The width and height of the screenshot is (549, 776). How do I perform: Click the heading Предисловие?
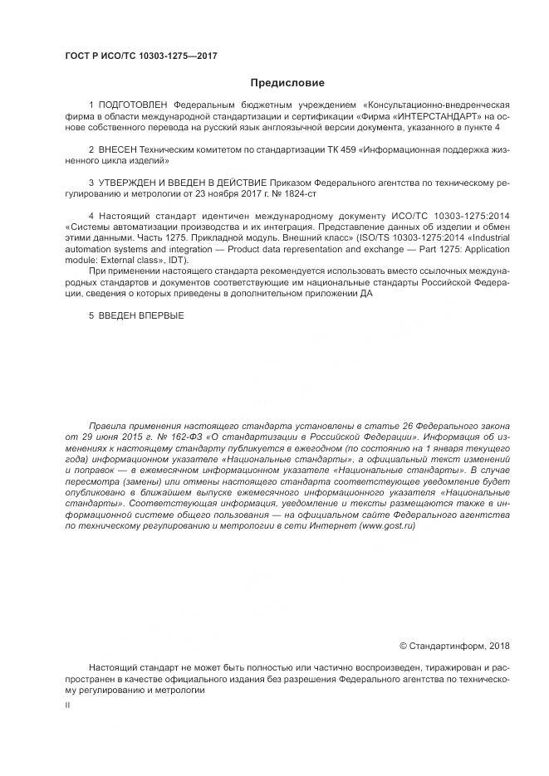coord(287,82)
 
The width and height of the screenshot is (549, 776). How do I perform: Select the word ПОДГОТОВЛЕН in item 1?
coord(133,105)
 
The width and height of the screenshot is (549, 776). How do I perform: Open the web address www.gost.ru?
coord(386,525)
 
